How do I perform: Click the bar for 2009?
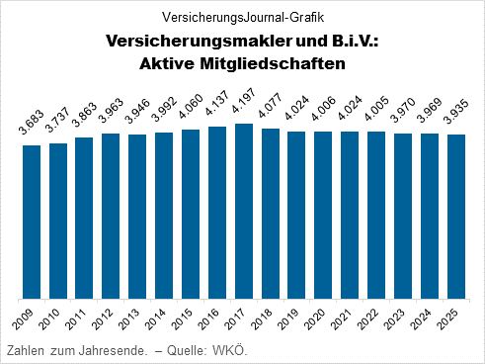[x=32, y=222]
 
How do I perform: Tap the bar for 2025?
[x=456, y=217]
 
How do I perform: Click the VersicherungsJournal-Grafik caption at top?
[x=242, y=17]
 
